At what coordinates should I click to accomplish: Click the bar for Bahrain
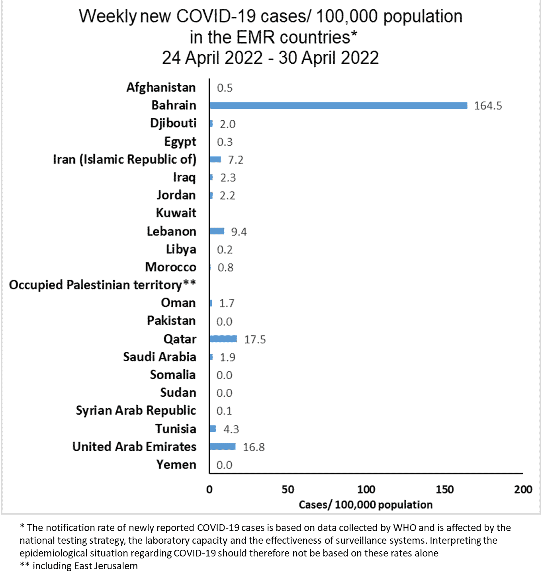[338, 106]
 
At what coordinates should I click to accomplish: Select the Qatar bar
[223, 339]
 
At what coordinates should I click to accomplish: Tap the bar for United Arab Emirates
[223, 447]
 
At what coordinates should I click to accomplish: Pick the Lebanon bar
[217, 231]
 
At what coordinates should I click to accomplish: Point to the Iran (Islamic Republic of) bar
[215, 159]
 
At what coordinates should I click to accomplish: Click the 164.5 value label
[488, 106]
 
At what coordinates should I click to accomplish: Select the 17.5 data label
[255, 339]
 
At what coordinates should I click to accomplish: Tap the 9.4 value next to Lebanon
[239, 232]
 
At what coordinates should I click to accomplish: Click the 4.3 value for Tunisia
[231, 429]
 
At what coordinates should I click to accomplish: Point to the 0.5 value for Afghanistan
[225, 88]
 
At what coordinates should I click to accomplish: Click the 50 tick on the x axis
[288, 490]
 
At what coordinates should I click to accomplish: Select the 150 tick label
[444, 490]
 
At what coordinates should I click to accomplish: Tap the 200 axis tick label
[523, 490]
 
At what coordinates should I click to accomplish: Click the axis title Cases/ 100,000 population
[366, 505]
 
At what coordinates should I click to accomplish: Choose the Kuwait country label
[176, 213]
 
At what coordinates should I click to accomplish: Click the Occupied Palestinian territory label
[102, 285]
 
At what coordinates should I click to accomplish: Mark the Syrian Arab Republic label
[136, 410]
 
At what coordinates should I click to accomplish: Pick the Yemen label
[176, 464]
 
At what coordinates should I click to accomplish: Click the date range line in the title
[270, 58]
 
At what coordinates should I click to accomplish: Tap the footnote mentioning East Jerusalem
[79, 566]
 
